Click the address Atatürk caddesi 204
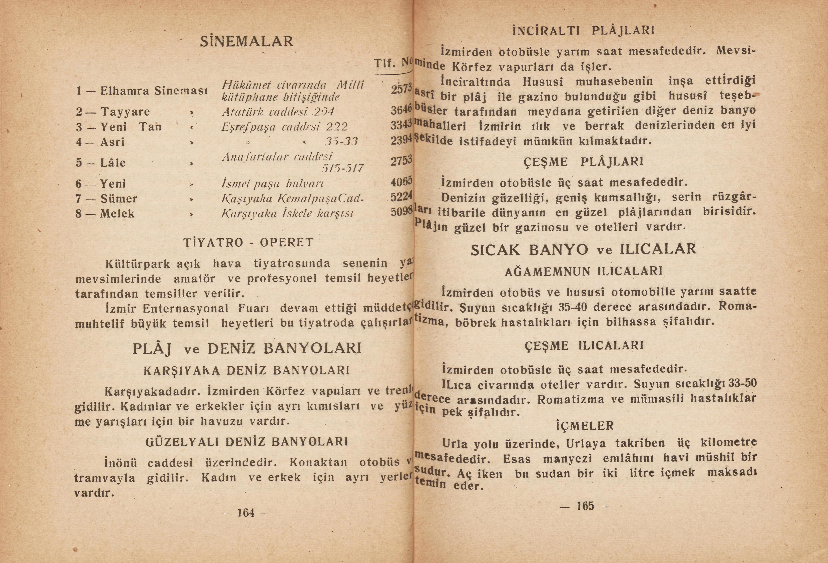(278, 112)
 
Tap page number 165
(585, 506)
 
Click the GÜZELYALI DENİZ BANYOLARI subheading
(247, 442)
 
